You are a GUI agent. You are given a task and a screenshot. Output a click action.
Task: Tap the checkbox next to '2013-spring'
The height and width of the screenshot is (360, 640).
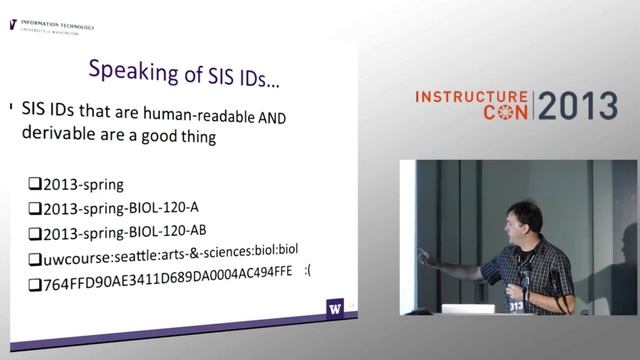pyautogui.click(x=34, y=185)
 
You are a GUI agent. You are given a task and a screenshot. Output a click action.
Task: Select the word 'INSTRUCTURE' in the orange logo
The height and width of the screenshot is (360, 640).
pyautogui.click(x=471, y=97)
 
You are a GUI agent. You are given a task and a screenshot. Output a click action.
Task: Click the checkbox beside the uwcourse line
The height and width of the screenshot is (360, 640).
pyautogui.click(x=34, y=259)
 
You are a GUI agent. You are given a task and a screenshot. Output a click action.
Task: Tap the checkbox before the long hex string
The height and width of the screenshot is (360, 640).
pyautogui.click(x=34, y=284)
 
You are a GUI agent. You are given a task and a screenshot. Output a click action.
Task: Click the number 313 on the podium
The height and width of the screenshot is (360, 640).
pyautogui.click(x=516, y=306)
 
